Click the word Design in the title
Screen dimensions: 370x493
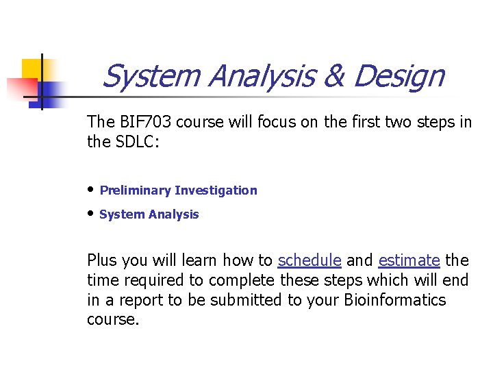point(399,77)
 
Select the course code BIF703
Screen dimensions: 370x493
point(140,122)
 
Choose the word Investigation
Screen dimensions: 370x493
point(216,190)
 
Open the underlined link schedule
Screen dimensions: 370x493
point(309,260)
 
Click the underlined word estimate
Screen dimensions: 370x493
point(409,260)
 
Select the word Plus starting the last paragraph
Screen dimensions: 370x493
point(101,260)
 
